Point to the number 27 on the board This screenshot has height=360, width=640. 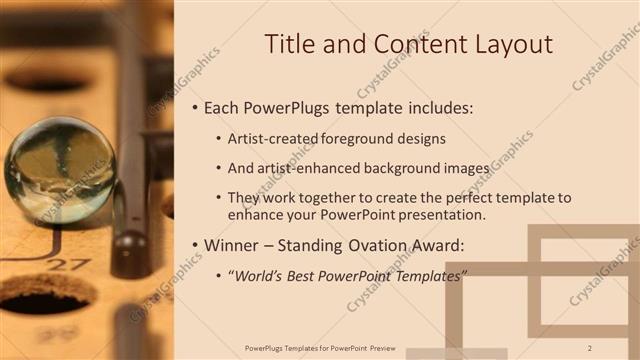68,265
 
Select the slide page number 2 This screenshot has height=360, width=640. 590,347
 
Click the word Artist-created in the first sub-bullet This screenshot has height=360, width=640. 274,138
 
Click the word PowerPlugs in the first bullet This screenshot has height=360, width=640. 295,107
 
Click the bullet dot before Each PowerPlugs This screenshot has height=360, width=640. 193,107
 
